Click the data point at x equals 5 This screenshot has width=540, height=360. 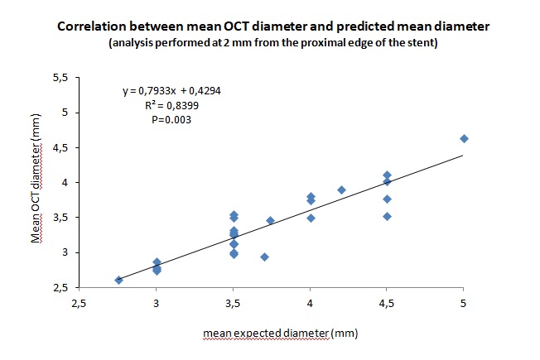pyautogui.click(x=464, y=138)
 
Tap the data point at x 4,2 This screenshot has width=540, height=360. pyautogui.click(x=341, y=190)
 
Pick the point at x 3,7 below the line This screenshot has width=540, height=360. pyautogui.click(x=264, y=257)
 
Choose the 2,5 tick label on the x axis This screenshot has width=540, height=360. pyautogui.click(x=78, y=304)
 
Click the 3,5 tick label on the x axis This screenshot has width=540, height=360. pyautogui.click(x=233, y=304)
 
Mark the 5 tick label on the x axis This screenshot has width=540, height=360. pyautogui.click(x=464, y=304)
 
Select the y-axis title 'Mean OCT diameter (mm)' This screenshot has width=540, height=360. pyautogui.click(x=37, y=182)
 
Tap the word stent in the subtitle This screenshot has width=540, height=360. pyautogui.click(x=403, y=43)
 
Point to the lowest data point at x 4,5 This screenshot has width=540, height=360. pyautogui.click(x=387, y=216)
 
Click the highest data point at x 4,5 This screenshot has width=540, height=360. pyautogui.click(x=387, y=175)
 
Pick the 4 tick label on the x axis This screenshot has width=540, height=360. pyautogui.click(x=310, y=304)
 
